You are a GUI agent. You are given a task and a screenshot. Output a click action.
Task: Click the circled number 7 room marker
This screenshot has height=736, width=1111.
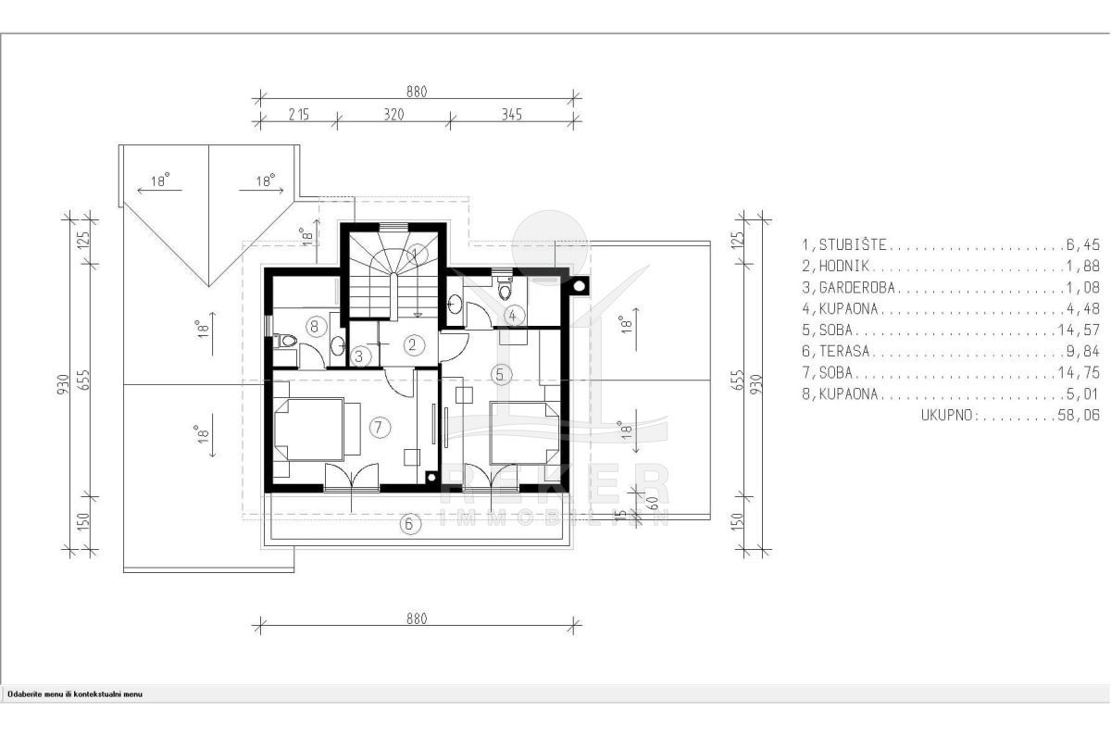(379, 427)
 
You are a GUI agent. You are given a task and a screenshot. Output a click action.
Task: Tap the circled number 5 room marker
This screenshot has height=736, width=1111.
(500, 374)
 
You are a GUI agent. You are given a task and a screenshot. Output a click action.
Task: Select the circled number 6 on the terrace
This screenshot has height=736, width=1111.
(409, 524)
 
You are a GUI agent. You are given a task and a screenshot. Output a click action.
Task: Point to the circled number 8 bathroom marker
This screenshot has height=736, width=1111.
(316, 327)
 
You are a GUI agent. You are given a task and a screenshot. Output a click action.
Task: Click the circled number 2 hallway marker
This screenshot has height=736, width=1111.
(413, 344)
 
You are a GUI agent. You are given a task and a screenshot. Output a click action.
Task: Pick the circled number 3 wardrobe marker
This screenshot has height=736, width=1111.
(360, 356)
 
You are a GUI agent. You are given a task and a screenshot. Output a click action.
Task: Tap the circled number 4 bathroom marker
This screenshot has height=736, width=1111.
(513, 316)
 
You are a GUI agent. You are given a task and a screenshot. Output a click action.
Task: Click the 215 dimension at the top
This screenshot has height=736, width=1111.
(298, 115)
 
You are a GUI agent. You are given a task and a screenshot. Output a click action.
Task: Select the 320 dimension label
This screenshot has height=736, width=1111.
(393, 115)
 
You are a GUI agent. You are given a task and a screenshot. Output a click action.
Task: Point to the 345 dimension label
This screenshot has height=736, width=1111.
(511, 115)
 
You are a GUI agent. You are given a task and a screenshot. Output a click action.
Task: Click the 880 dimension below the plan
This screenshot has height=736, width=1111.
(417, 619)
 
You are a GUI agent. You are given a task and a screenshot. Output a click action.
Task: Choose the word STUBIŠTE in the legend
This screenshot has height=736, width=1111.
(852, 244)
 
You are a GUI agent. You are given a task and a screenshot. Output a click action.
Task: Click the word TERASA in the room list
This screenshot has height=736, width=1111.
(844, 351)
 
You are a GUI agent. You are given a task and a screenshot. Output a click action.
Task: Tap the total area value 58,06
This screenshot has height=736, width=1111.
(1079, 416)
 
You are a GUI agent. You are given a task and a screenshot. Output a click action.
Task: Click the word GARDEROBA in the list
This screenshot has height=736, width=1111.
(856, 288)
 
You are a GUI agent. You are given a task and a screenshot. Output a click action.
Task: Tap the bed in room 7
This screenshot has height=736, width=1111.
(309, 430)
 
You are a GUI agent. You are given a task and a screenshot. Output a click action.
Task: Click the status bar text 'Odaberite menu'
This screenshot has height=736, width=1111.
(35, 694)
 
